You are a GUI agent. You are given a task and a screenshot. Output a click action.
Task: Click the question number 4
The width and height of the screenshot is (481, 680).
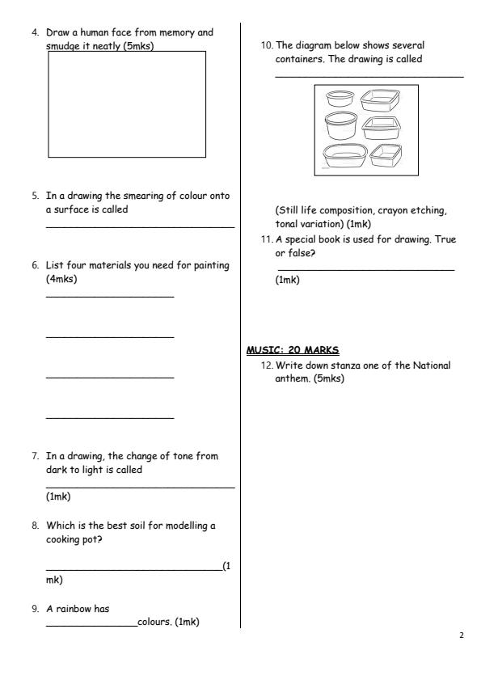click(x=35, y=33)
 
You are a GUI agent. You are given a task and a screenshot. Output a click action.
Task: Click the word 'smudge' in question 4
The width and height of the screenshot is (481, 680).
click(x=65, y=46)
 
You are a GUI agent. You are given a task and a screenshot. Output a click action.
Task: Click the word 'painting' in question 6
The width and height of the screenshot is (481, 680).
click(x=209, y=265)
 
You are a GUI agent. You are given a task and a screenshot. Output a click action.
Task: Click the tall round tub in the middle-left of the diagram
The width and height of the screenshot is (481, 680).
click(x=340, y=126)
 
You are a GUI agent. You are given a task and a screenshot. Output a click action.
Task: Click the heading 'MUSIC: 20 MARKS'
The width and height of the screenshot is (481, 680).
click(x=293, y=350)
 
